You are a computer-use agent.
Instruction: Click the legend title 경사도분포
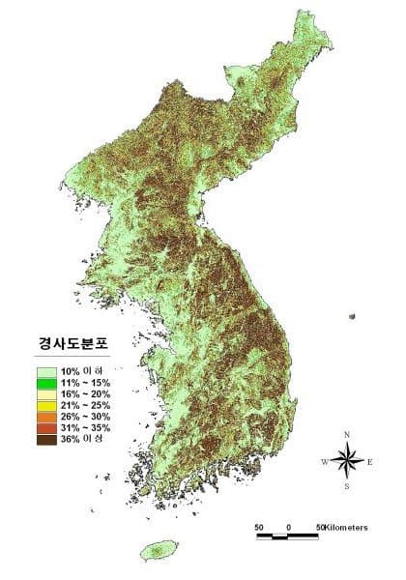coord(67,344)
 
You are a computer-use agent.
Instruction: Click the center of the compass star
coord(347,461)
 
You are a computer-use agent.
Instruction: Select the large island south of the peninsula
coord(156,552)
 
